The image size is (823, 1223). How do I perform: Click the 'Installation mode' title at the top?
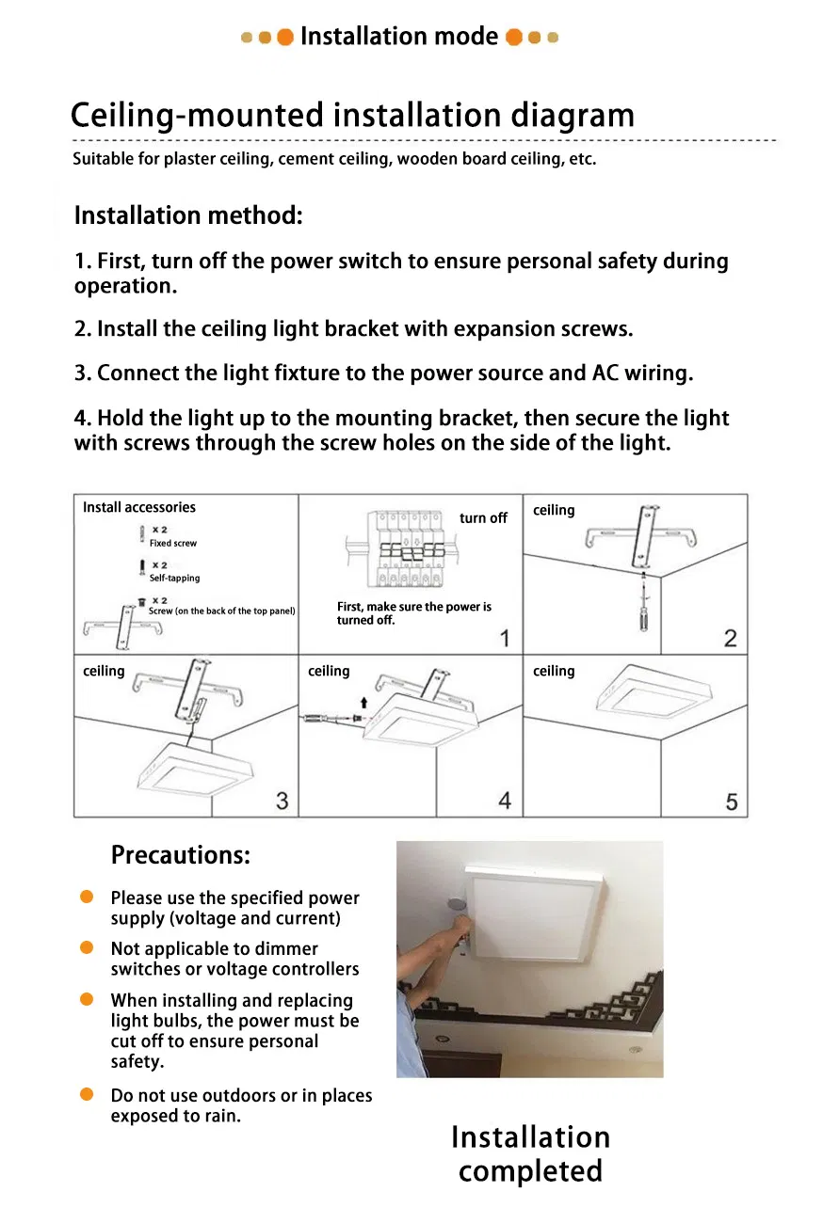399,37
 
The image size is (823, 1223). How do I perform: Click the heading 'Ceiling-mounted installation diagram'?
352,116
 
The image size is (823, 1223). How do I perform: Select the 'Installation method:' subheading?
188,215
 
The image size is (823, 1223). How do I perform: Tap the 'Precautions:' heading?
181,855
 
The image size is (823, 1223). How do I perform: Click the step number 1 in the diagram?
505,639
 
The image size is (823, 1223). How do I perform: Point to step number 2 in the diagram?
730,639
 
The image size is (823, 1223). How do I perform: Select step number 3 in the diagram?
282,801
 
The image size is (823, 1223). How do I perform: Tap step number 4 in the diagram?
505,801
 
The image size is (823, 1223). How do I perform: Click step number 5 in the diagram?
731,802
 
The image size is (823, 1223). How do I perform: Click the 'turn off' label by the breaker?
483,518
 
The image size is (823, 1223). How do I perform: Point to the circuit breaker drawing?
411,550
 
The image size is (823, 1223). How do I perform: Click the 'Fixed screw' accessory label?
173,544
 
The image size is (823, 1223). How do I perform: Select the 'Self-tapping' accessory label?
174,579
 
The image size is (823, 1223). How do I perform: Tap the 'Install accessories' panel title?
139,508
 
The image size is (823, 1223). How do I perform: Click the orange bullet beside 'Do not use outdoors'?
87,1094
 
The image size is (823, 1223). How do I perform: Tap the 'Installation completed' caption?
530,1154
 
